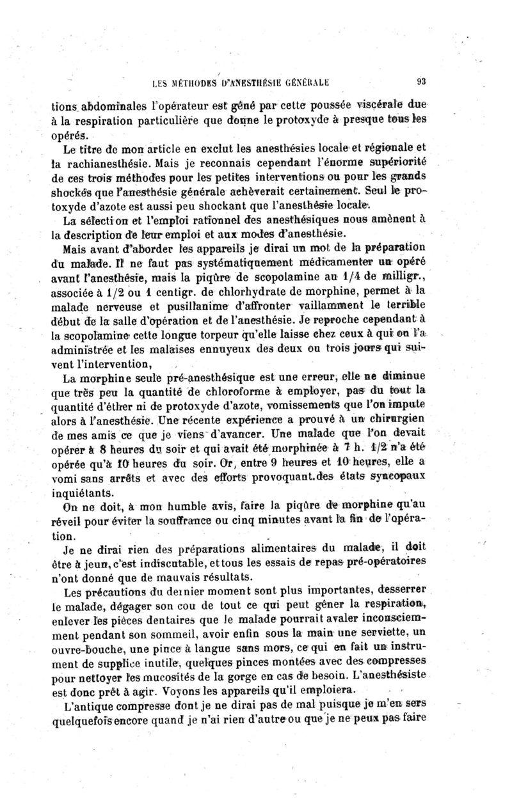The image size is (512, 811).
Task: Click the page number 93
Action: (x=421, y=81)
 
